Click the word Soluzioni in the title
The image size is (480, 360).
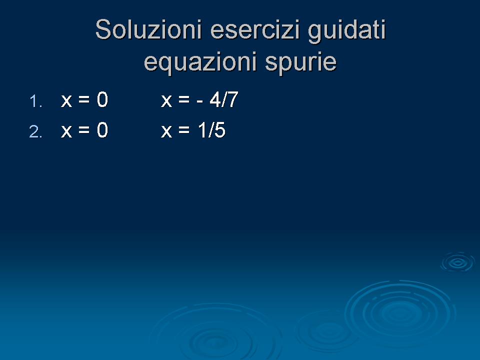click(148, 29)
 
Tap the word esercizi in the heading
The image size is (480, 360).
click(254, 29)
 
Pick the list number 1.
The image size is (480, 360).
click(35, 101)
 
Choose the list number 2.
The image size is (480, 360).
click(35, 132)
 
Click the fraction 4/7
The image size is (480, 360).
click(224, 99)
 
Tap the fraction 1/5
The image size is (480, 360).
click(211, 130)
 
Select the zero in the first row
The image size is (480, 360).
click(102, 99)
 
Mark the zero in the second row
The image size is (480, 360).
click(102, 130)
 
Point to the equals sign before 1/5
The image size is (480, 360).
click(184, 130)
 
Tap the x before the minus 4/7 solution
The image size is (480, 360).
click(166, 101)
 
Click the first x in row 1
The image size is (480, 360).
click(66, 101)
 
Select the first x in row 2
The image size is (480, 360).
click(66, 131)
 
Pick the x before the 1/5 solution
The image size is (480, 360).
click(166, 131)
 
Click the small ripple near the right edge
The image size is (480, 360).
click(457, 262)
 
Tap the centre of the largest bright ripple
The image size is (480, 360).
click(400, 313)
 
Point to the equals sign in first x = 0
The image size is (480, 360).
click(84, 100)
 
